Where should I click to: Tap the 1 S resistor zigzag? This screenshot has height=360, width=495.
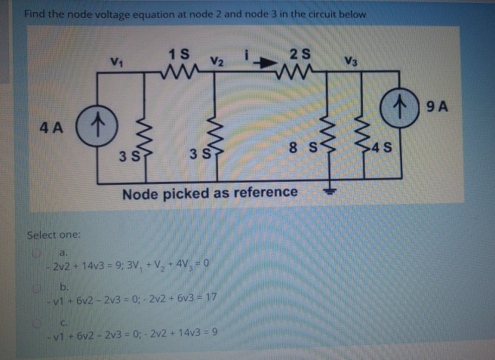[181, 73]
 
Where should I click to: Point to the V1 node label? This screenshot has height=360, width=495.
[116, 61]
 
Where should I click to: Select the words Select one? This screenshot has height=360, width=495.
[52, 235]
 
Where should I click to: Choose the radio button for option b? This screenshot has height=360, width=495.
[32, 288]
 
